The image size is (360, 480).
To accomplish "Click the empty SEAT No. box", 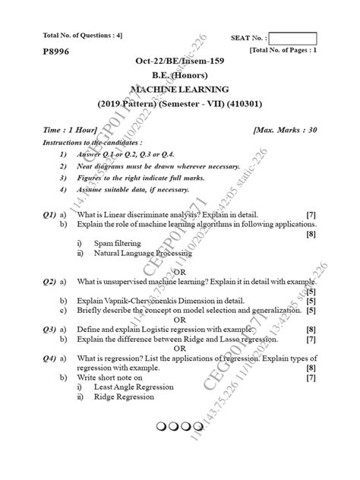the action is click(x=292, y=38).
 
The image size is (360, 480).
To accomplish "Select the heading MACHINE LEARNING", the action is click(x=180, y=89).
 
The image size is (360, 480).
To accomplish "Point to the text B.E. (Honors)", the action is click(x=180, y=75).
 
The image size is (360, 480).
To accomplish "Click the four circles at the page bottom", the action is click(x=180, y=427).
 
